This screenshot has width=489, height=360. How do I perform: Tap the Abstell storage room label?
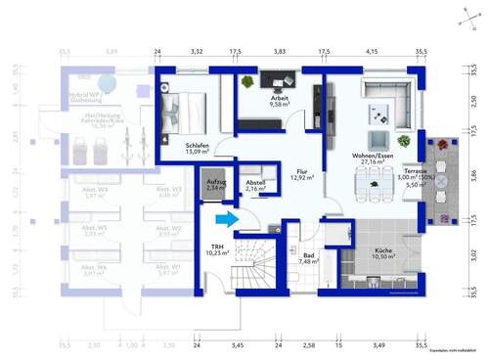coord(256,183)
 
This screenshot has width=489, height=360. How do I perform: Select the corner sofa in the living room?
coord(386,94)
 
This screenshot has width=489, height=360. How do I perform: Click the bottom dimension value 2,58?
coord(310,345)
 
